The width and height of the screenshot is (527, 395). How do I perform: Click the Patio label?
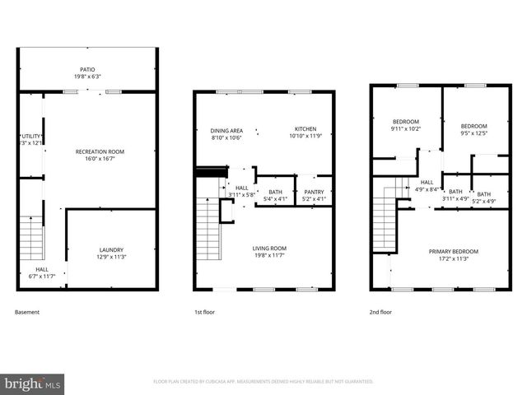[87, 73]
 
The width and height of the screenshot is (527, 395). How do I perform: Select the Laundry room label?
[110, 253]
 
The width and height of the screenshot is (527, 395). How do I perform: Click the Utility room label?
[30, 139]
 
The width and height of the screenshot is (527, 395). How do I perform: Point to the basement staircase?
[31, 238]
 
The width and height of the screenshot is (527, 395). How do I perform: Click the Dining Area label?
[226, 133]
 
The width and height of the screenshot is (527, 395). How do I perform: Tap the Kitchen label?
[305, 132]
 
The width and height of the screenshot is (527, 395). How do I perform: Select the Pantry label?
[315, 194]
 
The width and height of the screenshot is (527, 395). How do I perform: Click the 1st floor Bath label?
[275, 194]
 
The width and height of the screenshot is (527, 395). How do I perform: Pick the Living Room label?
[269, 251]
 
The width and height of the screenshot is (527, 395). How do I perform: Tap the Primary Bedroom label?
[453, 254]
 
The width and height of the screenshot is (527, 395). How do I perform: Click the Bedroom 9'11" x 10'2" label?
[405, 125]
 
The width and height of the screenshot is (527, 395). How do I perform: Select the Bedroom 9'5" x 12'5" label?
[473, 129]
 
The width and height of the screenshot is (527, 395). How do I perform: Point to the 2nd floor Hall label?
[427, 186]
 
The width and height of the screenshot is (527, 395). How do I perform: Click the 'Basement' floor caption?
[27, 312]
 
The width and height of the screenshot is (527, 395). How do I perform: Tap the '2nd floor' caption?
[380, 312]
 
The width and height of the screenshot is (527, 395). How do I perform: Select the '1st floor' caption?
[204, 312]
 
